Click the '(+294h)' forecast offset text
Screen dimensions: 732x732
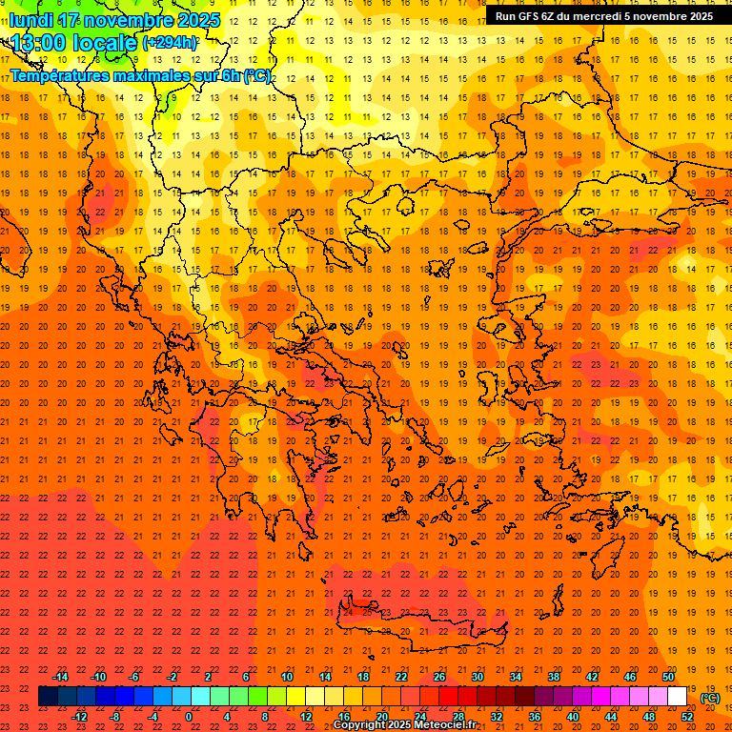click(x=170, y=43)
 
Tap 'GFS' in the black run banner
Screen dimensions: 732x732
click(x=533, y=16)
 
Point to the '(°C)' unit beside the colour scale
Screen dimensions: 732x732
click(x=709, y=698)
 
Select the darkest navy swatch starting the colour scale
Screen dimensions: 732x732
click(x=48, y=697)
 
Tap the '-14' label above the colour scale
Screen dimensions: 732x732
click(x=60, y=677)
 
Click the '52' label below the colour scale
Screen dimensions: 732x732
click(x=687, y=717)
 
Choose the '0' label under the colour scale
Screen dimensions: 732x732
click(x=190, y=717)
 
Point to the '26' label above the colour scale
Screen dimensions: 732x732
click(x=439, y=677)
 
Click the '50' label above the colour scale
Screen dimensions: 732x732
click(x=668, y=677)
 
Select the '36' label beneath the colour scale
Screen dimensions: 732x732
click(x=535, y=717)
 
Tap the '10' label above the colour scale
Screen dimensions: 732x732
click(x=287, y=677)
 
